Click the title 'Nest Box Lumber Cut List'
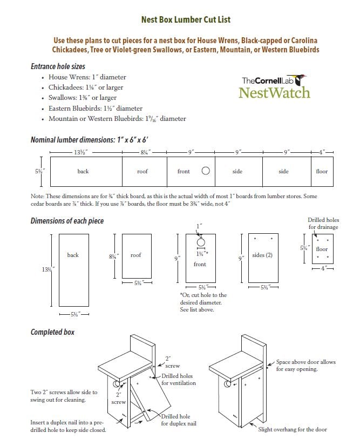185,20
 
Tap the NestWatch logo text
274,92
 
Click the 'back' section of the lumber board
84,171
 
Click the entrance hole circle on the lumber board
205,171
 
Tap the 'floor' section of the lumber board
322,171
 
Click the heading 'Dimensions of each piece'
67,221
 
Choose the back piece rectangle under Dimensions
73,270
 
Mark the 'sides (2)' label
262,255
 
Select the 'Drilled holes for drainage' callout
323,224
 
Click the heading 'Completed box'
52,332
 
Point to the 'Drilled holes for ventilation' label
178,379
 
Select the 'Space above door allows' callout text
305,362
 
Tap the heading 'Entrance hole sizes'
58,67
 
